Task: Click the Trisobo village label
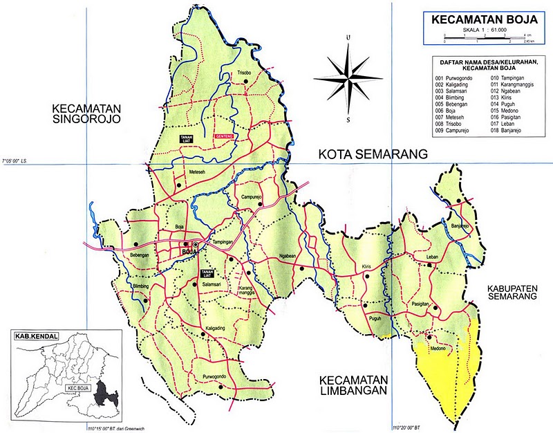pos(243,73)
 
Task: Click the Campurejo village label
pos(253,197)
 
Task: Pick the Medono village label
pos(438,348)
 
